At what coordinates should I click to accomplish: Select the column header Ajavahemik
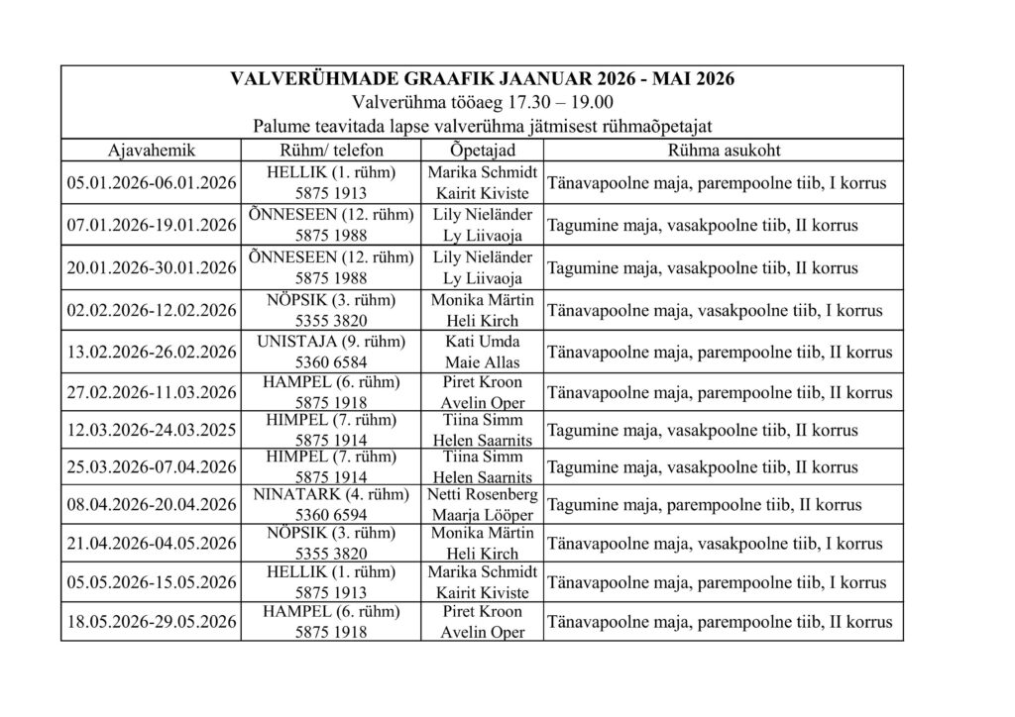tap(150, 151)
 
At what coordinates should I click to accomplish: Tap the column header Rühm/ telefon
tap(331, 151)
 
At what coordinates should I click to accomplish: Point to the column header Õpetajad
tap(482, 151)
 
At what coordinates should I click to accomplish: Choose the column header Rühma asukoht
tap(723, 151)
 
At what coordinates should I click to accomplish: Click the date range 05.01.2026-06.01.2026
tap(151, 183)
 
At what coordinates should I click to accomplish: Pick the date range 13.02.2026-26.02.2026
tap(151, 352)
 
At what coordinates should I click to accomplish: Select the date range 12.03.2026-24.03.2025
tap(151, 431)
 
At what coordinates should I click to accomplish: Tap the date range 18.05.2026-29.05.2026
tap(151, 622)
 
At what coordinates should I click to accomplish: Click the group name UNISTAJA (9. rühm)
tap(331, 342)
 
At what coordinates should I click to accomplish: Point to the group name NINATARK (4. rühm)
tap(331, 495)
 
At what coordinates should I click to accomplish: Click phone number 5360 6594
tap(331, 515)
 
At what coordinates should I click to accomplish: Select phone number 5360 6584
tap(331, 362)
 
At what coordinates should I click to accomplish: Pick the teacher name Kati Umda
tap(482, 342)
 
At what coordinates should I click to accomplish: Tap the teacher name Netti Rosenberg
tap(482, 495)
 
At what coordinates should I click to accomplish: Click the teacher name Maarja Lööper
tap(482, 515)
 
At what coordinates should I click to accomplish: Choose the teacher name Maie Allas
tap(482, 362)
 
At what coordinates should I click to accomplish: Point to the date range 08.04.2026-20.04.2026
tap(151, 505)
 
